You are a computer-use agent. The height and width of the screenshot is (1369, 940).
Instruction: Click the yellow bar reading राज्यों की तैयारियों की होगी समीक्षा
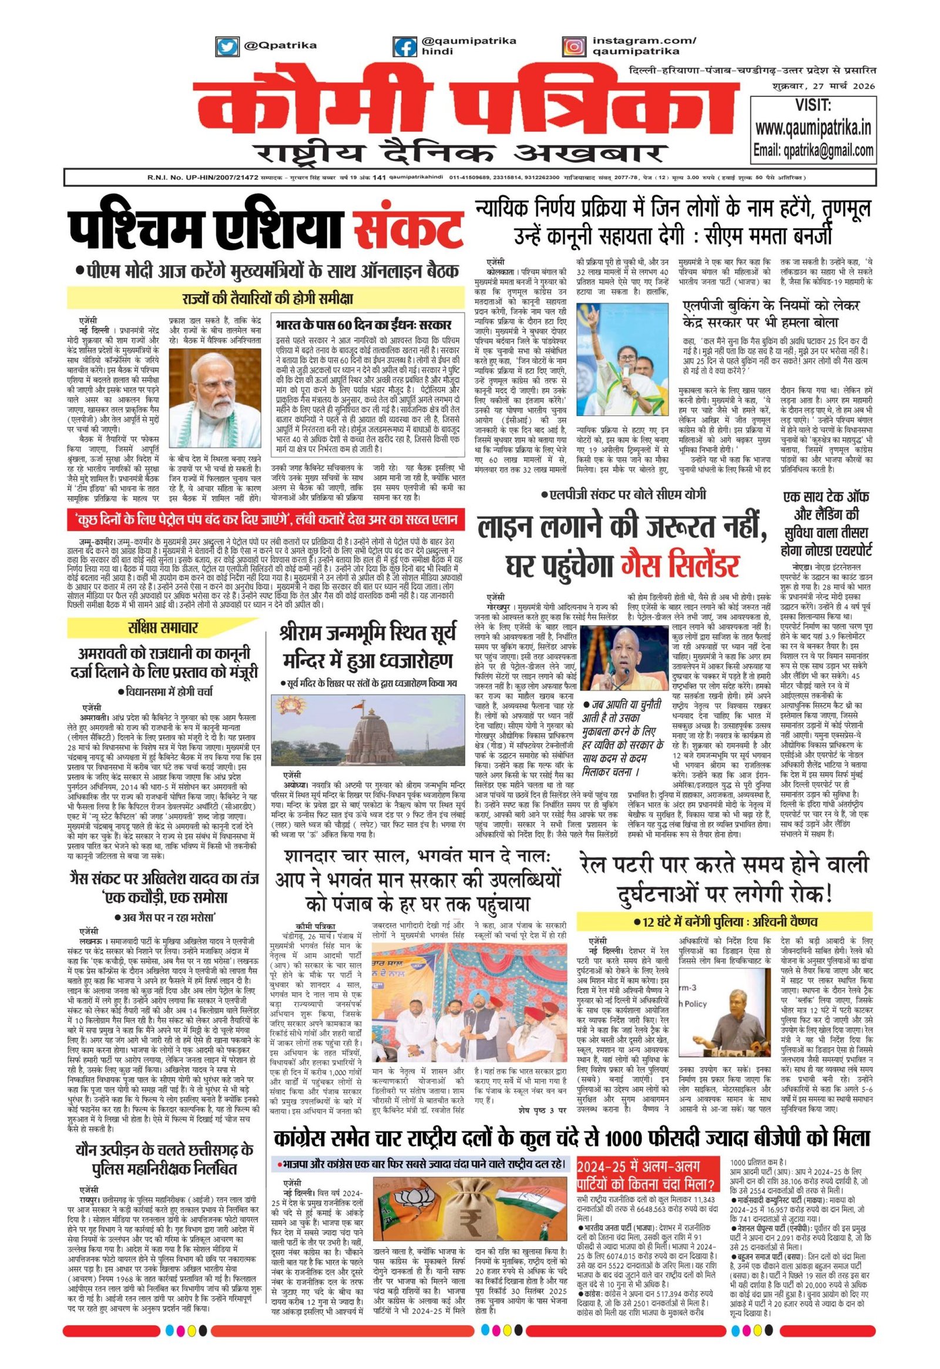(266, 297)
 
